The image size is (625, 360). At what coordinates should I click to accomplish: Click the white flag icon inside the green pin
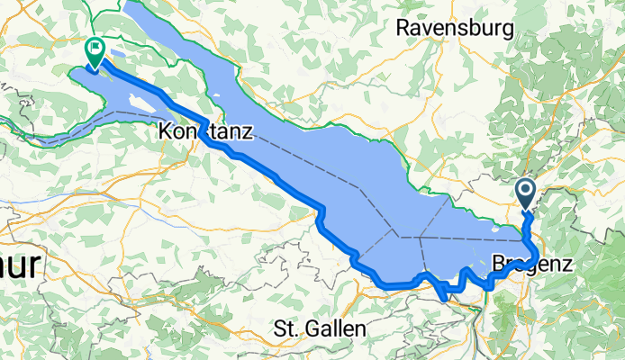coord(94,49)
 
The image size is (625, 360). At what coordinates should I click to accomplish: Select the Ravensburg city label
coord(455,28)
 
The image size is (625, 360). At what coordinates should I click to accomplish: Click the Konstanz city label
coord(205,131)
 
